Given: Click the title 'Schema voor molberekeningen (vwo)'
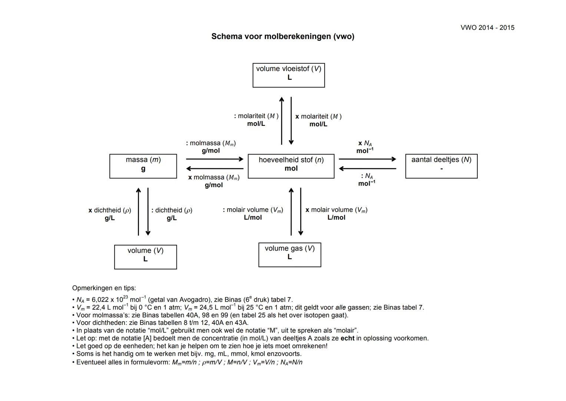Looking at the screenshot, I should [282, 36].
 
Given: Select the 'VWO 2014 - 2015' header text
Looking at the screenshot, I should [487, 27].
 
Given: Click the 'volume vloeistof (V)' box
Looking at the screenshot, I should [288, 75].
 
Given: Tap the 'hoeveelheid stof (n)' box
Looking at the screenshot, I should [291, 166].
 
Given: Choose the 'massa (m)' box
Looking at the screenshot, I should [143, 166].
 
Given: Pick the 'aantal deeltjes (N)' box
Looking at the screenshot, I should [441, 166].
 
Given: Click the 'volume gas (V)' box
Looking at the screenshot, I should [289, 255].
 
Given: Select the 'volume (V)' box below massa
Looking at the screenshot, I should [145, 257].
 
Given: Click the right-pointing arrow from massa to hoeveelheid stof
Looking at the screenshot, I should [215, 159].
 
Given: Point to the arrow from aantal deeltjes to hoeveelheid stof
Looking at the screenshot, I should [367, 169].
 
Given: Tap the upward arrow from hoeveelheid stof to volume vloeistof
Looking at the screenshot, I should [282, 121].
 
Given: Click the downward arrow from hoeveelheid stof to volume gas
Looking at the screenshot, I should [301, 212].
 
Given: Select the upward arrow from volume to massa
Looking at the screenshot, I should [138, 212].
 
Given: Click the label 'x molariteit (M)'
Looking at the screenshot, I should [318, 117].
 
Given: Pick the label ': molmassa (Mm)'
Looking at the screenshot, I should [211, 143].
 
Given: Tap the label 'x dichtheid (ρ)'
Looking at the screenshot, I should [110, 210].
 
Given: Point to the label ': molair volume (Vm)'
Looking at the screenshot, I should [253, 210].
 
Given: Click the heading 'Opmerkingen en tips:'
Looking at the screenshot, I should [104, 288].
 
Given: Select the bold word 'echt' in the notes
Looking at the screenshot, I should [347, 338].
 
